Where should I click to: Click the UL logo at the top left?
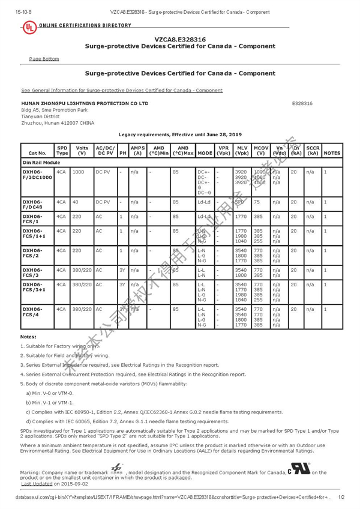click(28, 27)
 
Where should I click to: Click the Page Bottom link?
click(44, 59)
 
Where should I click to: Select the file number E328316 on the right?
click(302, 103)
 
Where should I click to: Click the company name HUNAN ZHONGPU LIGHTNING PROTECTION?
click(84, 103)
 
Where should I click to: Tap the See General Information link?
click(122, 91)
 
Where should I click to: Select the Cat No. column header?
click(37, 153)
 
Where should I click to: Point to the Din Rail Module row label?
click(41, 163)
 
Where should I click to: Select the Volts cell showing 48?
click(76, 203)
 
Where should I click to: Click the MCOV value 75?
click(256, 203)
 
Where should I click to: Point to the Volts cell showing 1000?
click(78, 172)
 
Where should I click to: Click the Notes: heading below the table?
click(28, 337)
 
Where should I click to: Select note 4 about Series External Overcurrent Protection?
click(133, 374)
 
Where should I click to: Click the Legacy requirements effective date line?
click(180, 134)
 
